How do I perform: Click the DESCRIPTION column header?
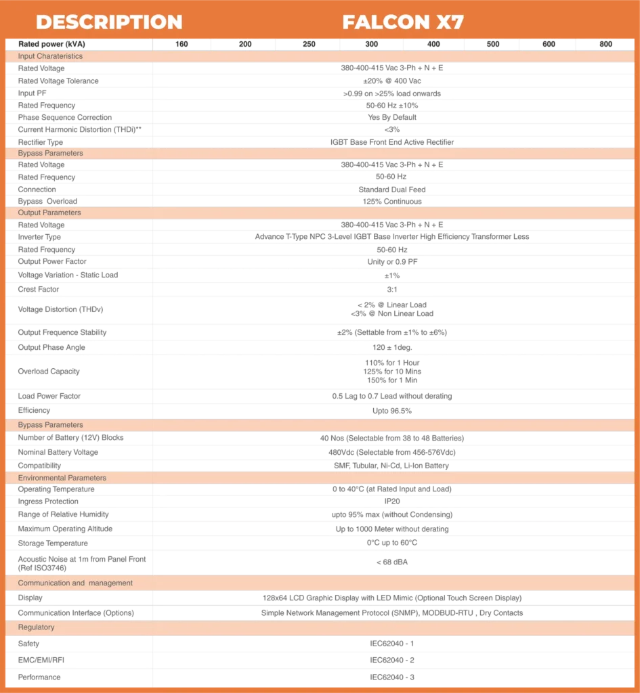pyautogui.click(x=109, y=22)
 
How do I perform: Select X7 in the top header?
pyautogui.click(x=450, y=22)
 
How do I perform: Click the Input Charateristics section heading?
pyautogui.click(x=50, y=56)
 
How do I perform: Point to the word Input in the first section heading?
pyautogui.click(x=27, y=56)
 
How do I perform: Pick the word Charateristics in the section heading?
pyautogui.click(x=60, y=56)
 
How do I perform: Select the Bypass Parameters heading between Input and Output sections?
pyautogui.click(x=49, y=153)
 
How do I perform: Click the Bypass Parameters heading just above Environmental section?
pyautogui.click(x=50, y=425)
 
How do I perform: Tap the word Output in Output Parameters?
pyautogui.click(x=29, y=213)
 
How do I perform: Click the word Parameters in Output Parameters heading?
pyautogui.click(x=62, y=213)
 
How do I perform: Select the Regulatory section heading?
pyautogui.click(x=36, y=627)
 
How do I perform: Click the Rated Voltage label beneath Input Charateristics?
pyautogui.click(x=42, y=68)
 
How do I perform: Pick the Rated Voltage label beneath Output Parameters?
pyautogui.click(x=42, y=225)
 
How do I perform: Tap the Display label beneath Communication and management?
pyautogui.click(x=30, y=598)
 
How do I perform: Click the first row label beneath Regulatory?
pyautogui.click(x=30, y=644)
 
